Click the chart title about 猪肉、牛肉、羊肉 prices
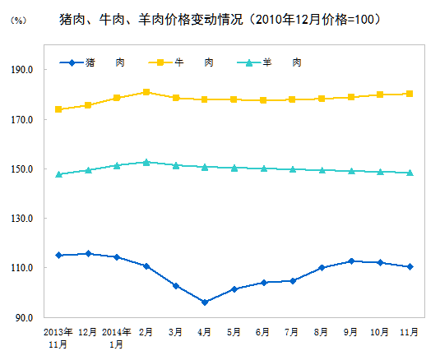(x=220, y=18)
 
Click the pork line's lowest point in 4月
(x=205, y=302)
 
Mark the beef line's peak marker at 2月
(x=146, y=92)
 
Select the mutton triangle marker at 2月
(x=146, y=163)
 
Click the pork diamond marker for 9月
(x=351, y=261)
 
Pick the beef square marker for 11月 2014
(x=410, y=94)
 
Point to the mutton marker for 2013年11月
(x=58, y=174)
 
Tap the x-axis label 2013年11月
(x=58, y=338)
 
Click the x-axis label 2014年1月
(x=117, y=338)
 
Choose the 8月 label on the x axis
(x=322, y=332)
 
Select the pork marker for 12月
(x=88, y=254)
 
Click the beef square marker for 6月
(x=263, y=100)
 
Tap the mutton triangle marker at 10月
(x=380, y=172)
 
